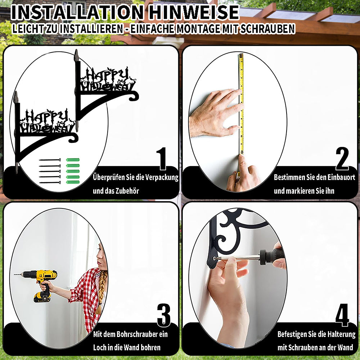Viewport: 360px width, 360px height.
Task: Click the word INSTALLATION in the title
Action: pyautogui.click(x=77, y=12)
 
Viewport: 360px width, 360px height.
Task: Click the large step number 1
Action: pyautogui.click(x=162, y=159)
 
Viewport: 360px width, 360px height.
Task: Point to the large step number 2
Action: pyautogui.click(x=342, y=159)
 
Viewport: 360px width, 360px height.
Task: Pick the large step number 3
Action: pyautogui.click(x=164, y=315)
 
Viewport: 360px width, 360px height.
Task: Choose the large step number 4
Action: pyautogui.click(x=342, y=315)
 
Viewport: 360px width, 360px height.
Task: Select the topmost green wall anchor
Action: pyautogui.click(x=73, y=160)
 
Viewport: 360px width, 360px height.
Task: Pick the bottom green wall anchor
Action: pyautogui.click(x=73, y=182)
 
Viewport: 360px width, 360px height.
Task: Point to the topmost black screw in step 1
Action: pyautogui.click(x=50, y=160)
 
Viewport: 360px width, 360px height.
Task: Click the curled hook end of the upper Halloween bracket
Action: pyautogui.click(x=134, y=96)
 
